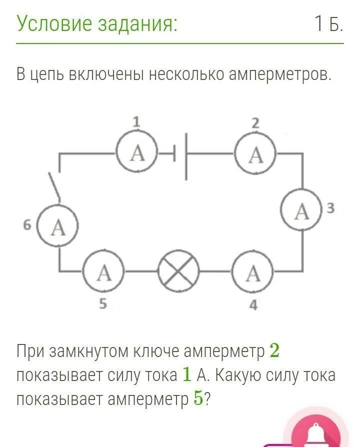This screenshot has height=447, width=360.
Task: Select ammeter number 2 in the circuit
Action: pos(255,154)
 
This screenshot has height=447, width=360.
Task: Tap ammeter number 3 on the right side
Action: pos(301,211)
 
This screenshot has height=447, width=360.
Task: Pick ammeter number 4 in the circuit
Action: pos(253,273)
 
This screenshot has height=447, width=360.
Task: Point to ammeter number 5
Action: pos(103,273)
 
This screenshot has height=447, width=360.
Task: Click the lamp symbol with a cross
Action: pos(178,273)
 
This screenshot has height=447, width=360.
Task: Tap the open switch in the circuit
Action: pos(54,186)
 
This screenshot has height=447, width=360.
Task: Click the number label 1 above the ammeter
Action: pos(136,121)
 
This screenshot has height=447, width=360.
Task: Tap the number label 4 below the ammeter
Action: pos(253,304)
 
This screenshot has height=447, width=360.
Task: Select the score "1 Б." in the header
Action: pos(328,23)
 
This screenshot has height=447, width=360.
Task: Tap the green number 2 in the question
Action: pos(274,351)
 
